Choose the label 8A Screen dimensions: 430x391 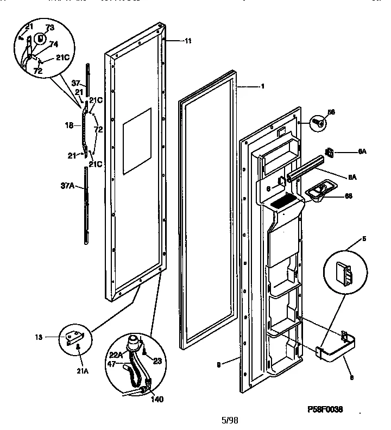(351, 176)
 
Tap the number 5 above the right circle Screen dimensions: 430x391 (363, 238)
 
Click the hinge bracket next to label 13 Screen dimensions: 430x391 (73, 337)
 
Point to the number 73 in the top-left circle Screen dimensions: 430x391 (49, 27)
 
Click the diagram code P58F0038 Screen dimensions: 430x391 (325, 409)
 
